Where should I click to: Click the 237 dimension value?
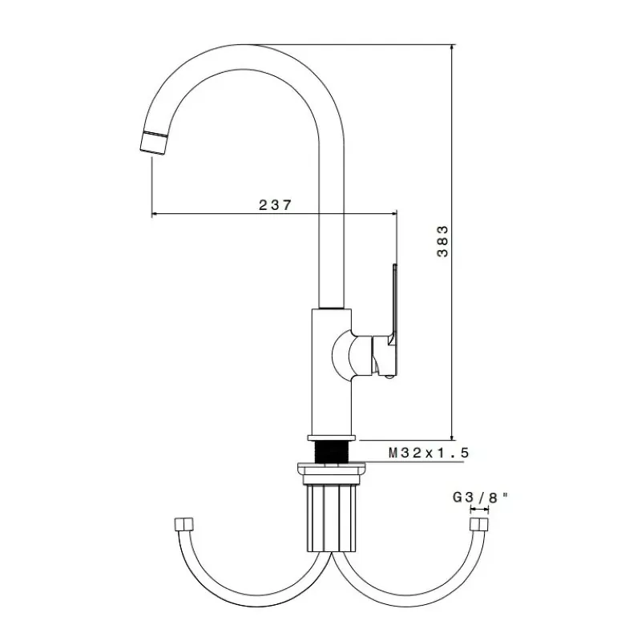click(276, 205)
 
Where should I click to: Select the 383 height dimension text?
click(442, 241)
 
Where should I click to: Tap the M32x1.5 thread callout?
click(429, 453)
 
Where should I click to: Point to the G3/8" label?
click(480, 498)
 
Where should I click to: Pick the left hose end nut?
click(183, 524)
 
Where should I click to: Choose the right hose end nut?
click(479, 524)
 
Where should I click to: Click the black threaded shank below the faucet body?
click(331, 452)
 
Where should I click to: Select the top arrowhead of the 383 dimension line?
click(452, 48)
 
